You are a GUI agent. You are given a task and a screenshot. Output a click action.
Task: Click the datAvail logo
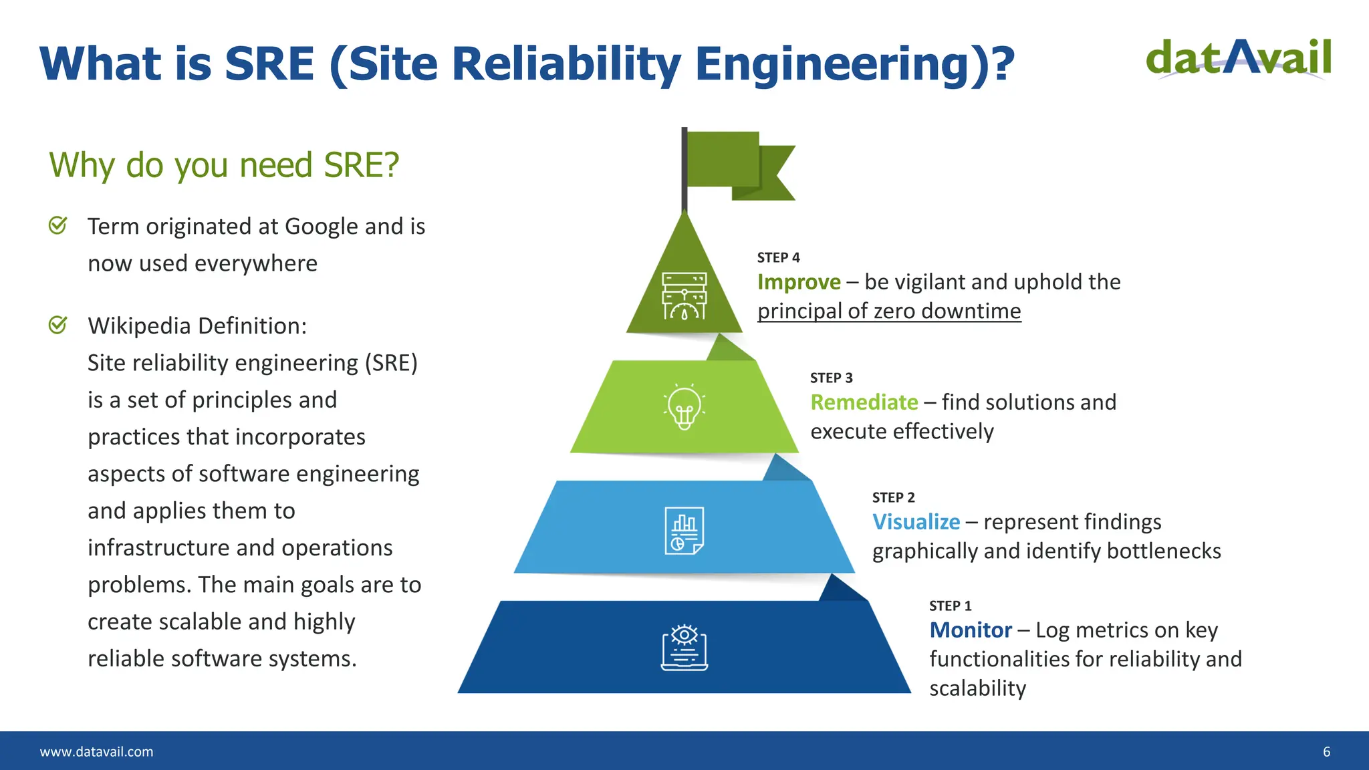(x=1238, y=59)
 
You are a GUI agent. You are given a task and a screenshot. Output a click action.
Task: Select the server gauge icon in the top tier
(x=684, y=296)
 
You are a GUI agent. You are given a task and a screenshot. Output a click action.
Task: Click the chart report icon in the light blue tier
(x=684, y=530)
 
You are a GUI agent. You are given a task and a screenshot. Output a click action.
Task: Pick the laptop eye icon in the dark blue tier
(x=684, y=648)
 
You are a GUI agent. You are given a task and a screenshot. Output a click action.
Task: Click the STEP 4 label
(x=778, y=257)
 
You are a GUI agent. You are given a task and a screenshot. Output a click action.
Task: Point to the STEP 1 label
(x=950, y=606)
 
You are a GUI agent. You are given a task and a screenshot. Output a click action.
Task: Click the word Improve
(x=799, y=282)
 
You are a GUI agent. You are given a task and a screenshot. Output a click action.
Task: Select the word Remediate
(x=864, y=402)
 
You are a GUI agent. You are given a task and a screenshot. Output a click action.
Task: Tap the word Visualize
(x=916, y=522)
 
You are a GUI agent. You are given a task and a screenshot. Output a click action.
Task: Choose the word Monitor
(x=971, y=630)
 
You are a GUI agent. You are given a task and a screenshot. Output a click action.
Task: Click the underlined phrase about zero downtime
(x=889, y=311)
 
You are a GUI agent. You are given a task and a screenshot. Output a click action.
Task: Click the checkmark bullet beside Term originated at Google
(x=58, y=225)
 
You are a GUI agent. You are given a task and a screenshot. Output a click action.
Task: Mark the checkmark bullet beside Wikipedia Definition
(x=58, y=325)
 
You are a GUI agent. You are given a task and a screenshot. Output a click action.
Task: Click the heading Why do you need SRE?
(x=224, y=165)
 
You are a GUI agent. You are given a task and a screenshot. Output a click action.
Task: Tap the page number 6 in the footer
(x=1326, y=752)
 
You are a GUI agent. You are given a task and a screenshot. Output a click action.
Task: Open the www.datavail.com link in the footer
(x=96, y=752)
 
